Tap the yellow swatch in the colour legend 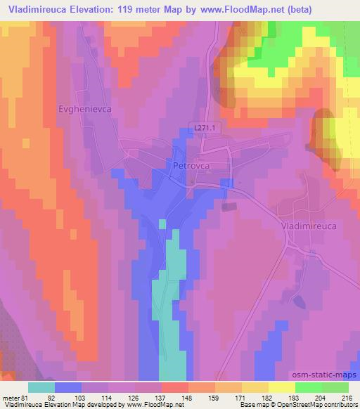coord(281,387)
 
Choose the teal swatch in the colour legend coord(41,387)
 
